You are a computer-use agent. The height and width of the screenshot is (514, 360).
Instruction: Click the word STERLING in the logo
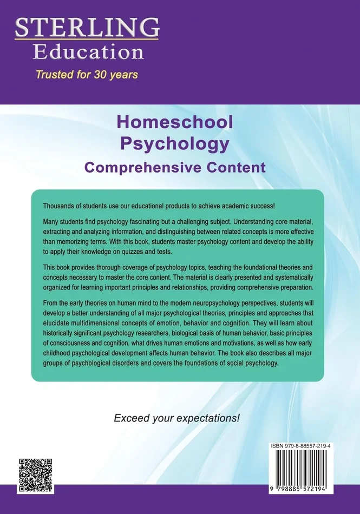87,27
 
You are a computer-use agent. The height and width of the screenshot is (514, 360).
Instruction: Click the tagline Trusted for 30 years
87,74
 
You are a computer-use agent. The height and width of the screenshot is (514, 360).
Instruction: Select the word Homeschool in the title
175,122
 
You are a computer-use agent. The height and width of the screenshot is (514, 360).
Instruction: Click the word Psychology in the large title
175,144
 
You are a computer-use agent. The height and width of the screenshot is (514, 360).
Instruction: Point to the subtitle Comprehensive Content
175,167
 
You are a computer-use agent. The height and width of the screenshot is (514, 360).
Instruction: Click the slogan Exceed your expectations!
176,418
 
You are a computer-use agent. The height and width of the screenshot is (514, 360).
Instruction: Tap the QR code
36,475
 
